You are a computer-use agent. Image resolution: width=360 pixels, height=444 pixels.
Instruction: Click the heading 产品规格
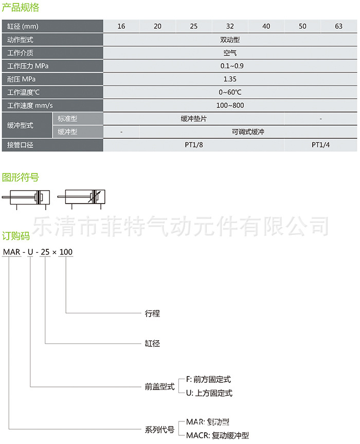(x=21, y=8)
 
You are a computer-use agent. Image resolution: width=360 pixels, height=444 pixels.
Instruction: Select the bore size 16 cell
(x=121, y=26)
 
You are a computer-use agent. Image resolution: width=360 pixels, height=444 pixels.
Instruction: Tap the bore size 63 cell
(x=338, y=26)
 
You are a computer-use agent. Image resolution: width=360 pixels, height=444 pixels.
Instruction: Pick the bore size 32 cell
(x=230, y=26)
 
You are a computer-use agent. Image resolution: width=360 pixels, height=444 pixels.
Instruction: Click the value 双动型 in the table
(x=230, y=40)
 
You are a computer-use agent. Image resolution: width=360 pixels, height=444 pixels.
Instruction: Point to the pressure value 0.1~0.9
(x=230, y=66)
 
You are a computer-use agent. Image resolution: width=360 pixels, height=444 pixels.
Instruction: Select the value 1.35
(x=230, y=79)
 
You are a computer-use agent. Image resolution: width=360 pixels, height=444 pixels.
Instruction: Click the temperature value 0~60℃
(x=230, y=92)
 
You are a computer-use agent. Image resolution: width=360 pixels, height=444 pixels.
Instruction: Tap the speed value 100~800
(x=230, y=105)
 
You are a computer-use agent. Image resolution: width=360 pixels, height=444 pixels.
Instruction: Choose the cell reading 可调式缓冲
(x=248, y=132)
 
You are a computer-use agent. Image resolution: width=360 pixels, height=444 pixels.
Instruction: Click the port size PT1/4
(x=321, y=145)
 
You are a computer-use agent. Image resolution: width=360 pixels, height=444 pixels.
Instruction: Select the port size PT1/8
(x=194, y=145)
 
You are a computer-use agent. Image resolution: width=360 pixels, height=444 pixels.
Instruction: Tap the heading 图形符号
(x=21, y=178)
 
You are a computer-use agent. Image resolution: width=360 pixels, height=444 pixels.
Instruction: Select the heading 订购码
(x=16, y=236)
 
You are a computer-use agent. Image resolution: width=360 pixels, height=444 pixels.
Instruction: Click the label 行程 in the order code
(x=153, y=313)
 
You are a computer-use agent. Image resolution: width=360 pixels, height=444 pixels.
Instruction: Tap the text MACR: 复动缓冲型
(x=217, y=435)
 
